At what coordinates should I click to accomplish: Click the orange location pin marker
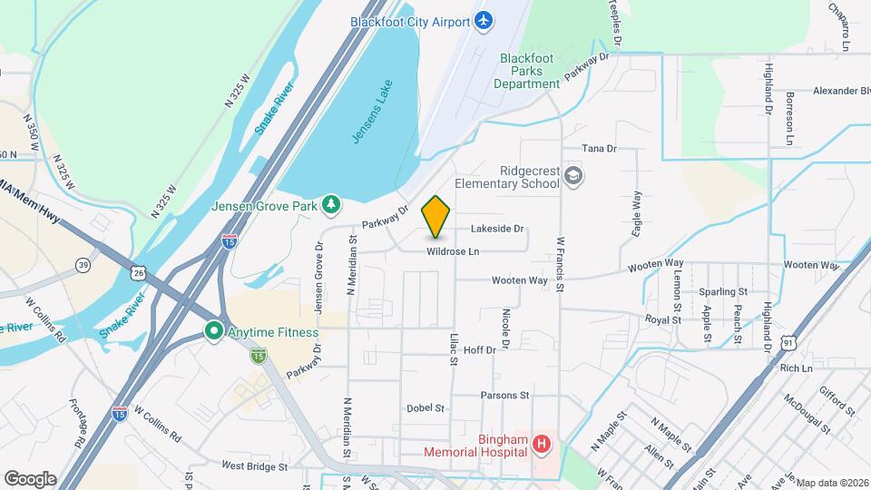click(436, 216)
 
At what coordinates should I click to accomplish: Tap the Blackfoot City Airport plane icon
click(484, 21)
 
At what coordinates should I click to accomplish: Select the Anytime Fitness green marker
click(214, 331)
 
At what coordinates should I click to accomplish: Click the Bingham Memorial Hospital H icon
click(541, 444)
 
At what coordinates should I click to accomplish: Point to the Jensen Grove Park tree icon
click(332, 205)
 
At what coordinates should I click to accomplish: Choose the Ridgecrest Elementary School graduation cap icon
click(573, 174)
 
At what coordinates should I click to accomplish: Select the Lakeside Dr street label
click(497, 229)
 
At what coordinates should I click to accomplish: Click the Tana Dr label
click(599, 148)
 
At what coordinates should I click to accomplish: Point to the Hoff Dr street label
click(479, 349)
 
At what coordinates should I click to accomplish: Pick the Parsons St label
click(504, 396)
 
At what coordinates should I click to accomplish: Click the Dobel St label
click(426, 408)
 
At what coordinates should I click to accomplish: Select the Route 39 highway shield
click(83, 264)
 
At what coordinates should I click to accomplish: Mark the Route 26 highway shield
click(138, 271)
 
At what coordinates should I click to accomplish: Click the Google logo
click(30, 478)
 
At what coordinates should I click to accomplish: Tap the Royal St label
click(663, 319)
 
